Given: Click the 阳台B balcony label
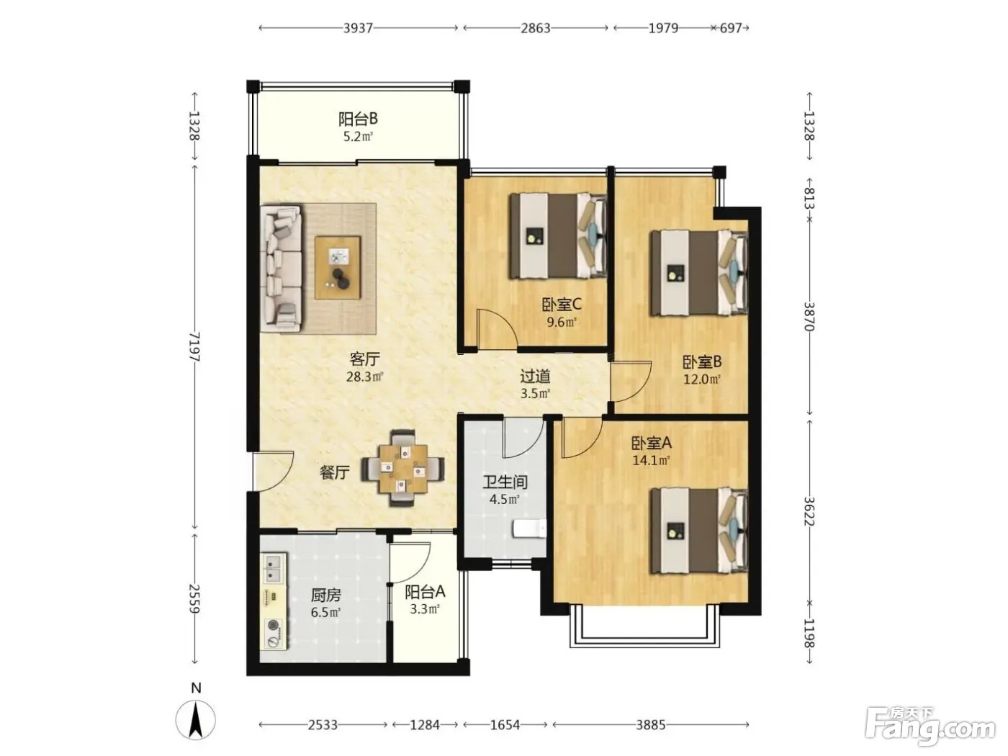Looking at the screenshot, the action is tap(358, 119).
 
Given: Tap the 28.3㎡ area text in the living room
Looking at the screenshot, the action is tap(364, 377).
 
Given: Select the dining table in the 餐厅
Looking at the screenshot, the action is tap(402, 468).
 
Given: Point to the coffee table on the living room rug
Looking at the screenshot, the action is tap(338, 268).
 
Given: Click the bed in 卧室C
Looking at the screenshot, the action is tap(559, 236).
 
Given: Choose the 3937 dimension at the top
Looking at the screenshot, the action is tap(358, 28).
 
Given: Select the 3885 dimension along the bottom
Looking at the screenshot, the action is tap(651, 725).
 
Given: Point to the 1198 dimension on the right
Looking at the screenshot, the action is tap(809, 633).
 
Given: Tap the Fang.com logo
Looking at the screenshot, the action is tap(930, 725).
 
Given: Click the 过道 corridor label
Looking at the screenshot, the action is tap(535, 377).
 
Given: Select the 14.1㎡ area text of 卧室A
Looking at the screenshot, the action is tap(651, 460).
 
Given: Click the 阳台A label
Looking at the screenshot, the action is tap(425, 592).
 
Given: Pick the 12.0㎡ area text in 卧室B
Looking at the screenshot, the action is tap(702, 379).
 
